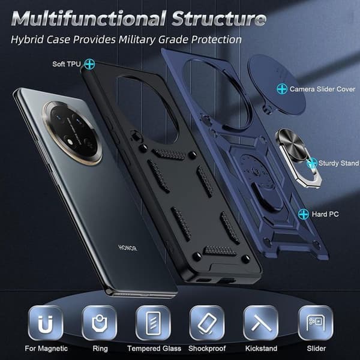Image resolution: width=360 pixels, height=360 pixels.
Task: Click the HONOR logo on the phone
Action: pyautogui.click(x=128, y=248)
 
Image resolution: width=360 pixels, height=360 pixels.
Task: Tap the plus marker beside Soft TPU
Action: pyautogui.click(x=89, y=64)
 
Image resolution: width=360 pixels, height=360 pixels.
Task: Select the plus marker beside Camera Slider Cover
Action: pyautogui.click(x=282, y=89)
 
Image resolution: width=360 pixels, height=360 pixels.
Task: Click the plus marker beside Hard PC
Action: pyautogui.click(x=304, y=214)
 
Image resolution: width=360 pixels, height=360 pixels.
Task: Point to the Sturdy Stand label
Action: pyautogui.click(x=338, y=163)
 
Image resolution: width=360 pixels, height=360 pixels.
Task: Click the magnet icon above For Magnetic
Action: pyautogui.click(x=46, y=323)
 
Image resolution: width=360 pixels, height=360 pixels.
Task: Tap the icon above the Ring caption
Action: pyautogui.click(x=100, y=323)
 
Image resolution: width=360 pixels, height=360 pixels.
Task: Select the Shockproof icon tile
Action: pyautogui.click(x=207, y=323)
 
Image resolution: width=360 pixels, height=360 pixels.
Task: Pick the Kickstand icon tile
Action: pyautogui.click(x=261, y=323)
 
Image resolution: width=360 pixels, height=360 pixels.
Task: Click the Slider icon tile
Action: pyautogui.click(x=316, y=323)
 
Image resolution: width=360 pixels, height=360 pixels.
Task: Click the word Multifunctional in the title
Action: pyautogui.click(x=88, y=19)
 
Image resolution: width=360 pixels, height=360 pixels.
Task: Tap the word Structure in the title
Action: pyautogui.click(x=219, y=19)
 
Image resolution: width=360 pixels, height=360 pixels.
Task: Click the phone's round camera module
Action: pyautogui.click(x=72, y=133)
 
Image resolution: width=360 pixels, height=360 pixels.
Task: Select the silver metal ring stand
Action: pyautogui.click(x=298, y=158)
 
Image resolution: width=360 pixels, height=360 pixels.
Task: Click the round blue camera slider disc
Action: pyautogui.click(x=277, y=84)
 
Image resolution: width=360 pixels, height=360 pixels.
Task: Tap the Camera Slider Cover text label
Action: pyautogui.click(x=322, y=89)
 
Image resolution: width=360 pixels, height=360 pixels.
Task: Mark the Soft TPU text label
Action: pyautogui.click(x=67, y=64)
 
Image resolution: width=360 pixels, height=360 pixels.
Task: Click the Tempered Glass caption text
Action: pyautogui.click(x=154, y=349)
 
